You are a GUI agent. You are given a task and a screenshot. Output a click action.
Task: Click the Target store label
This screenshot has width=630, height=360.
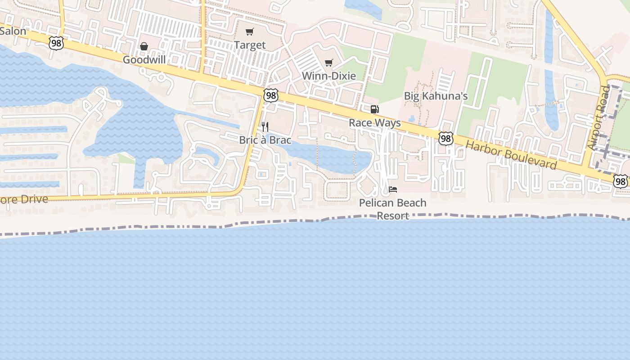[x=250, y=45]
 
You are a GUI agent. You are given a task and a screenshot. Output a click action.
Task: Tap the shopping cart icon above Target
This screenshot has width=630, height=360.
[x=249, y=31]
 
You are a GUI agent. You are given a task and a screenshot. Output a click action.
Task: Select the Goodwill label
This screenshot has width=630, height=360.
[x=144, y=59]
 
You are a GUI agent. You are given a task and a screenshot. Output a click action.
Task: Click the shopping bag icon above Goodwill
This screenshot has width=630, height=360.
[x=144, y=46]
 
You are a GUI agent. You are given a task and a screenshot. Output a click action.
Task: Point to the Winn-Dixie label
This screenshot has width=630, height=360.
[x=328, y=76]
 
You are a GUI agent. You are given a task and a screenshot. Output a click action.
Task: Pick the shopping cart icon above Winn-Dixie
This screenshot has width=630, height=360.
[x=329, y=63]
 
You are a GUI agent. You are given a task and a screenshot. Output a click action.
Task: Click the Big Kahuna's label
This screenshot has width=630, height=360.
[x=436, y=96]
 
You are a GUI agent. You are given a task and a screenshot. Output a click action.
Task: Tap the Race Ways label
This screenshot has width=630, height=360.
[x=374, y=123]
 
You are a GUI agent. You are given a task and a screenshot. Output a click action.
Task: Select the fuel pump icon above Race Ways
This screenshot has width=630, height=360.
[x=374, y=109]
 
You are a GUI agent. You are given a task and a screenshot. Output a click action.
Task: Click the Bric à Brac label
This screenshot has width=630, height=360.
[x=265, y=140]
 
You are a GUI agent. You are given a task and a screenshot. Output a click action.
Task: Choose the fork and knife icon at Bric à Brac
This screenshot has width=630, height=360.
[x=265, y=127]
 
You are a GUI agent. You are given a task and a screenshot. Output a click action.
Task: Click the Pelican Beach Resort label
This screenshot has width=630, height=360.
[x=392, y=209]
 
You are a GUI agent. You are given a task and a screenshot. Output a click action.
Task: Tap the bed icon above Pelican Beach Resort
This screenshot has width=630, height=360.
[x=393, y=189]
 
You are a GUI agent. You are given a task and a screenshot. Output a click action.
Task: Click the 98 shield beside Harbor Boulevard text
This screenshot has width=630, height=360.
[x=445, y=139]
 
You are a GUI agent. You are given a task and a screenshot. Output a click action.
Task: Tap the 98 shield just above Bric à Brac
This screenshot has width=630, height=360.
[x=271, y=95]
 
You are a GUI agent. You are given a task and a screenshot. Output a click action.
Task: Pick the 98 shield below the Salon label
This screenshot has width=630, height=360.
[x=56, y=43]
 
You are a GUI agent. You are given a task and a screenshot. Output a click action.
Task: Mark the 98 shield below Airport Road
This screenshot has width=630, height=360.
[x=621, y=181]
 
